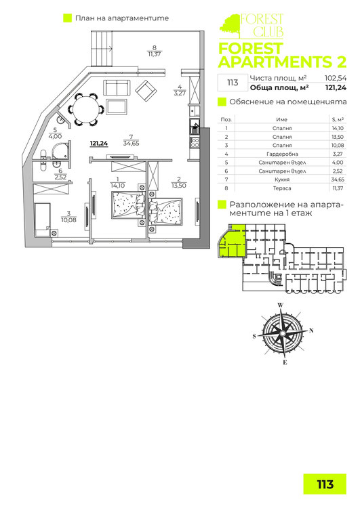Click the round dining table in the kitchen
86,110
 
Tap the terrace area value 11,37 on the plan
155,54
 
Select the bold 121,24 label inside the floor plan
99,143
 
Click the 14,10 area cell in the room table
338,128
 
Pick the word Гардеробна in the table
282,154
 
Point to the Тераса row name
282,188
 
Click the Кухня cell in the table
282,179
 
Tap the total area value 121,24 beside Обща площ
336,87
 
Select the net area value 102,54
336,78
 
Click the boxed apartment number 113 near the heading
233,83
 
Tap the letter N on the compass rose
311,331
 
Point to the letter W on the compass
281,305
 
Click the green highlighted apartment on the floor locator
233,241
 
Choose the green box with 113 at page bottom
325,484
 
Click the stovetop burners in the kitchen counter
195,143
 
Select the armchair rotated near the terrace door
146,90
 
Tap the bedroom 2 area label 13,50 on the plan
179,186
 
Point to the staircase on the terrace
102,49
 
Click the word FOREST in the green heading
250,49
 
